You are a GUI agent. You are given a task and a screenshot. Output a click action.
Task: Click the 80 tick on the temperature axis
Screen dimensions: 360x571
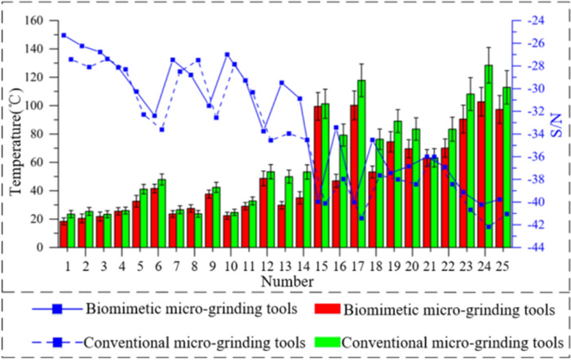tap(44, 134)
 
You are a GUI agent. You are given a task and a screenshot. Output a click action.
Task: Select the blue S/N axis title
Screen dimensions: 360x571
tap(556, 134)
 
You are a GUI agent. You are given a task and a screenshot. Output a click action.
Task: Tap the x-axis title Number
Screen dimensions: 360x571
tap(285, 282)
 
